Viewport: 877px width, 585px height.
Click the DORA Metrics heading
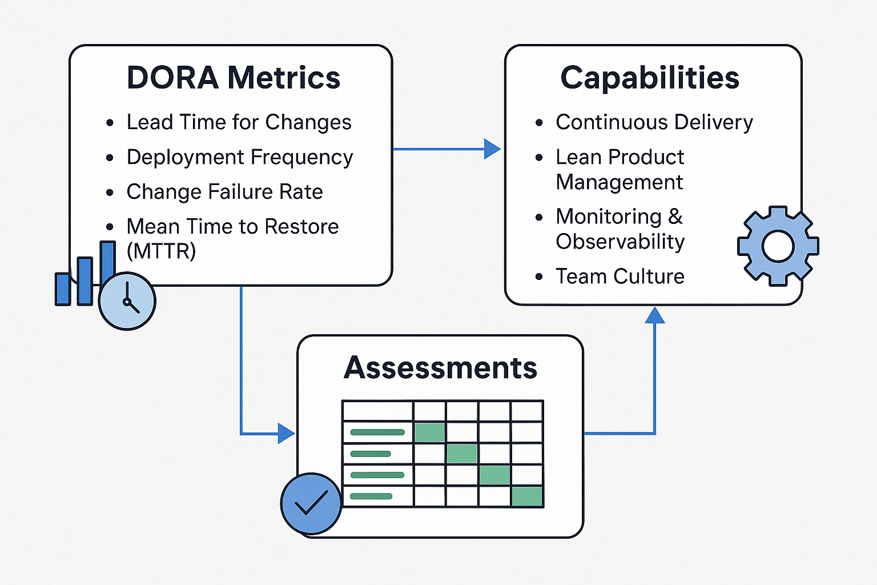click(233, 78)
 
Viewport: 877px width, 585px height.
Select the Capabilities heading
click(650, 78)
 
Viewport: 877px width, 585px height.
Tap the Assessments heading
click(440, 367)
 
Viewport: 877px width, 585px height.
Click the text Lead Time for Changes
click(239, 122)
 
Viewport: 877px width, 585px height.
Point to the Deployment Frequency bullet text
click(240, 157)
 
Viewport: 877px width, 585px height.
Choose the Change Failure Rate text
click(224, 192)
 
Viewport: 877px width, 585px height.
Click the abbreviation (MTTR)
click(161, 251)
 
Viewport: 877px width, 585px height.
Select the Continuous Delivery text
click(654, 122)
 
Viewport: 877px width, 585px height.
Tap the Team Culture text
click(620, 277)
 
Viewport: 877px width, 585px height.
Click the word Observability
click(620, 242)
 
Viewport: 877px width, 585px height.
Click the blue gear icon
click(778, 246)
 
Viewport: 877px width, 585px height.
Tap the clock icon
click(127, 301)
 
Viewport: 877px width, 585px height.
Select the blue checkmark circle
click(311, 503)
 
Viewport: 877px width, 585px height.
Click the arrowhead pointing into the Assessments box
click(285, 434)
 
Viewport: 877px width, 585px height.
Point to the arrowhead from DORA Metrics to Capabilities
click(492, 149)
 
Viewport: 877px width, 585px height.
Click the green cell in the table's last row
click(526, 496)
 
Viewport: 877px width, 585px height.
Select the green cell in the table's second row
click(429, 432)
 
